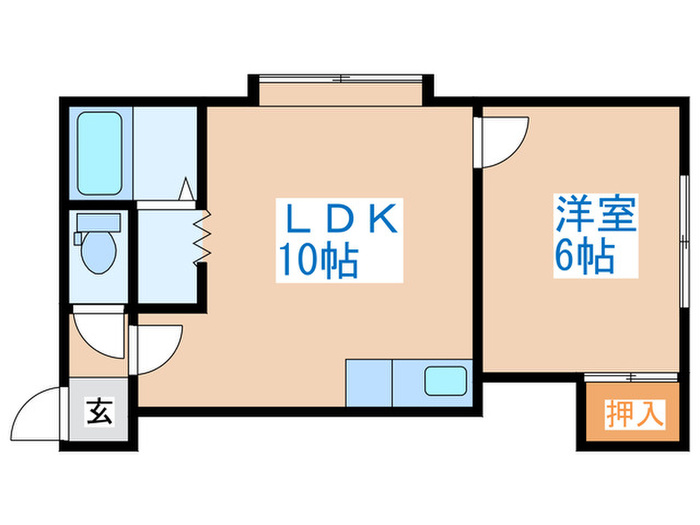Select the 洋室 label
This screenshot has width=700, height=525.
[596, 216]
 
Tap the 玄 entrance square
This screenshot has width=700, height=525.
[100, 408]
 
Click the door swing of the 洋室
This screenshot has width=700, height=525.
[502, 142]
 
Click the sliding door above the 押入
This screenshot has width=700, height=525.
[632, 377]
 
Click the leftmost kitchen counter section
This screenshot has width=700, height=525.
[369, 381]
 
